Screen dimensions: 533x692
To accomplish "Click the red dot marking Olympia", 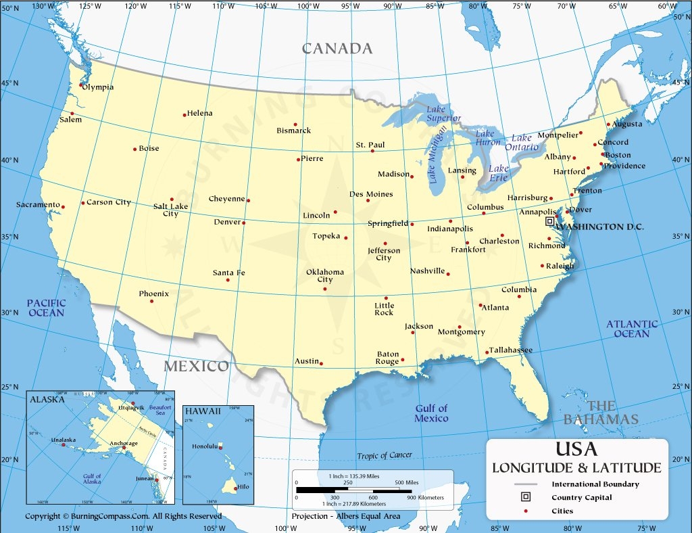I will (x=81, y=85).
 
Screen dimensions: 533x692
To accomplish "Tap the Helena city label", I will (x=199, y=113).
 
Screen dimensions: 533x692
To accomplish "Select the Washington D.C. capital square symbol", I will (x=549, y=221).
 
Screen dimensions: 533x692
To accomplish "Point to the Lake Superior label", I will (x=443, y=114).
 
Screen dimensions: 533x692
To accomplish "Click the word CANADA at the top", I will (x=337, y=48).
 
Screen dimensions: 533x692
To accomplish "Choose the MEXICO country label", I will (x=197, y=366).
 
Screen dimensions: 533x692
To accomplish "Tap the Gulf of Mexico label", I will (x=431, y=413).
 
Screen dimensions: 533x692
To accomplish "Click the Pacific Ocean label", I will (x=46, y=308).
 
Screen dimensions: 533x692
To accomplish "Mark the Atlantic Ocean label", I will (x=631, y=329).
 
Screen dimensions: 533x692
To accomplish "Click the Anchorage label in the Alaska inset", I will (x=123, y=443).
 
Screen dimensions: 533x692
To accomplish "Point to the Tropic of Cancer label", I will (x=385, y=455).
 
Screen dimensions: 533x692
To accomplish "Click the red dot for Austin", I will (x=321, y=363).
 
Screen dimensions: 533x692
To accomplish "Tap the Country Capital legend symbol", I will (x=525, y=497).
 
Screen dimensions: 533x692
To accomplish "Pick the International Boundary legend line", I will (x=525, y=484).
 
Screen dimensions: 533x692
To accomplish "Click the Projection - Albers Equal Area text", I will (x=345, y=516).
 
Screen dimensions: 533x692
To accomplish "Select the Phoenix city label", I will (x=153, y=294).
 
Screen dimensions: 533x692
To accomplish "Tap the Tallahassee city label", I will (x=510, y=350).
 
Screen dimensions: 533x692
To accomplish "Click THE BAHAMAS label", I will (x=601, y=413).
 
